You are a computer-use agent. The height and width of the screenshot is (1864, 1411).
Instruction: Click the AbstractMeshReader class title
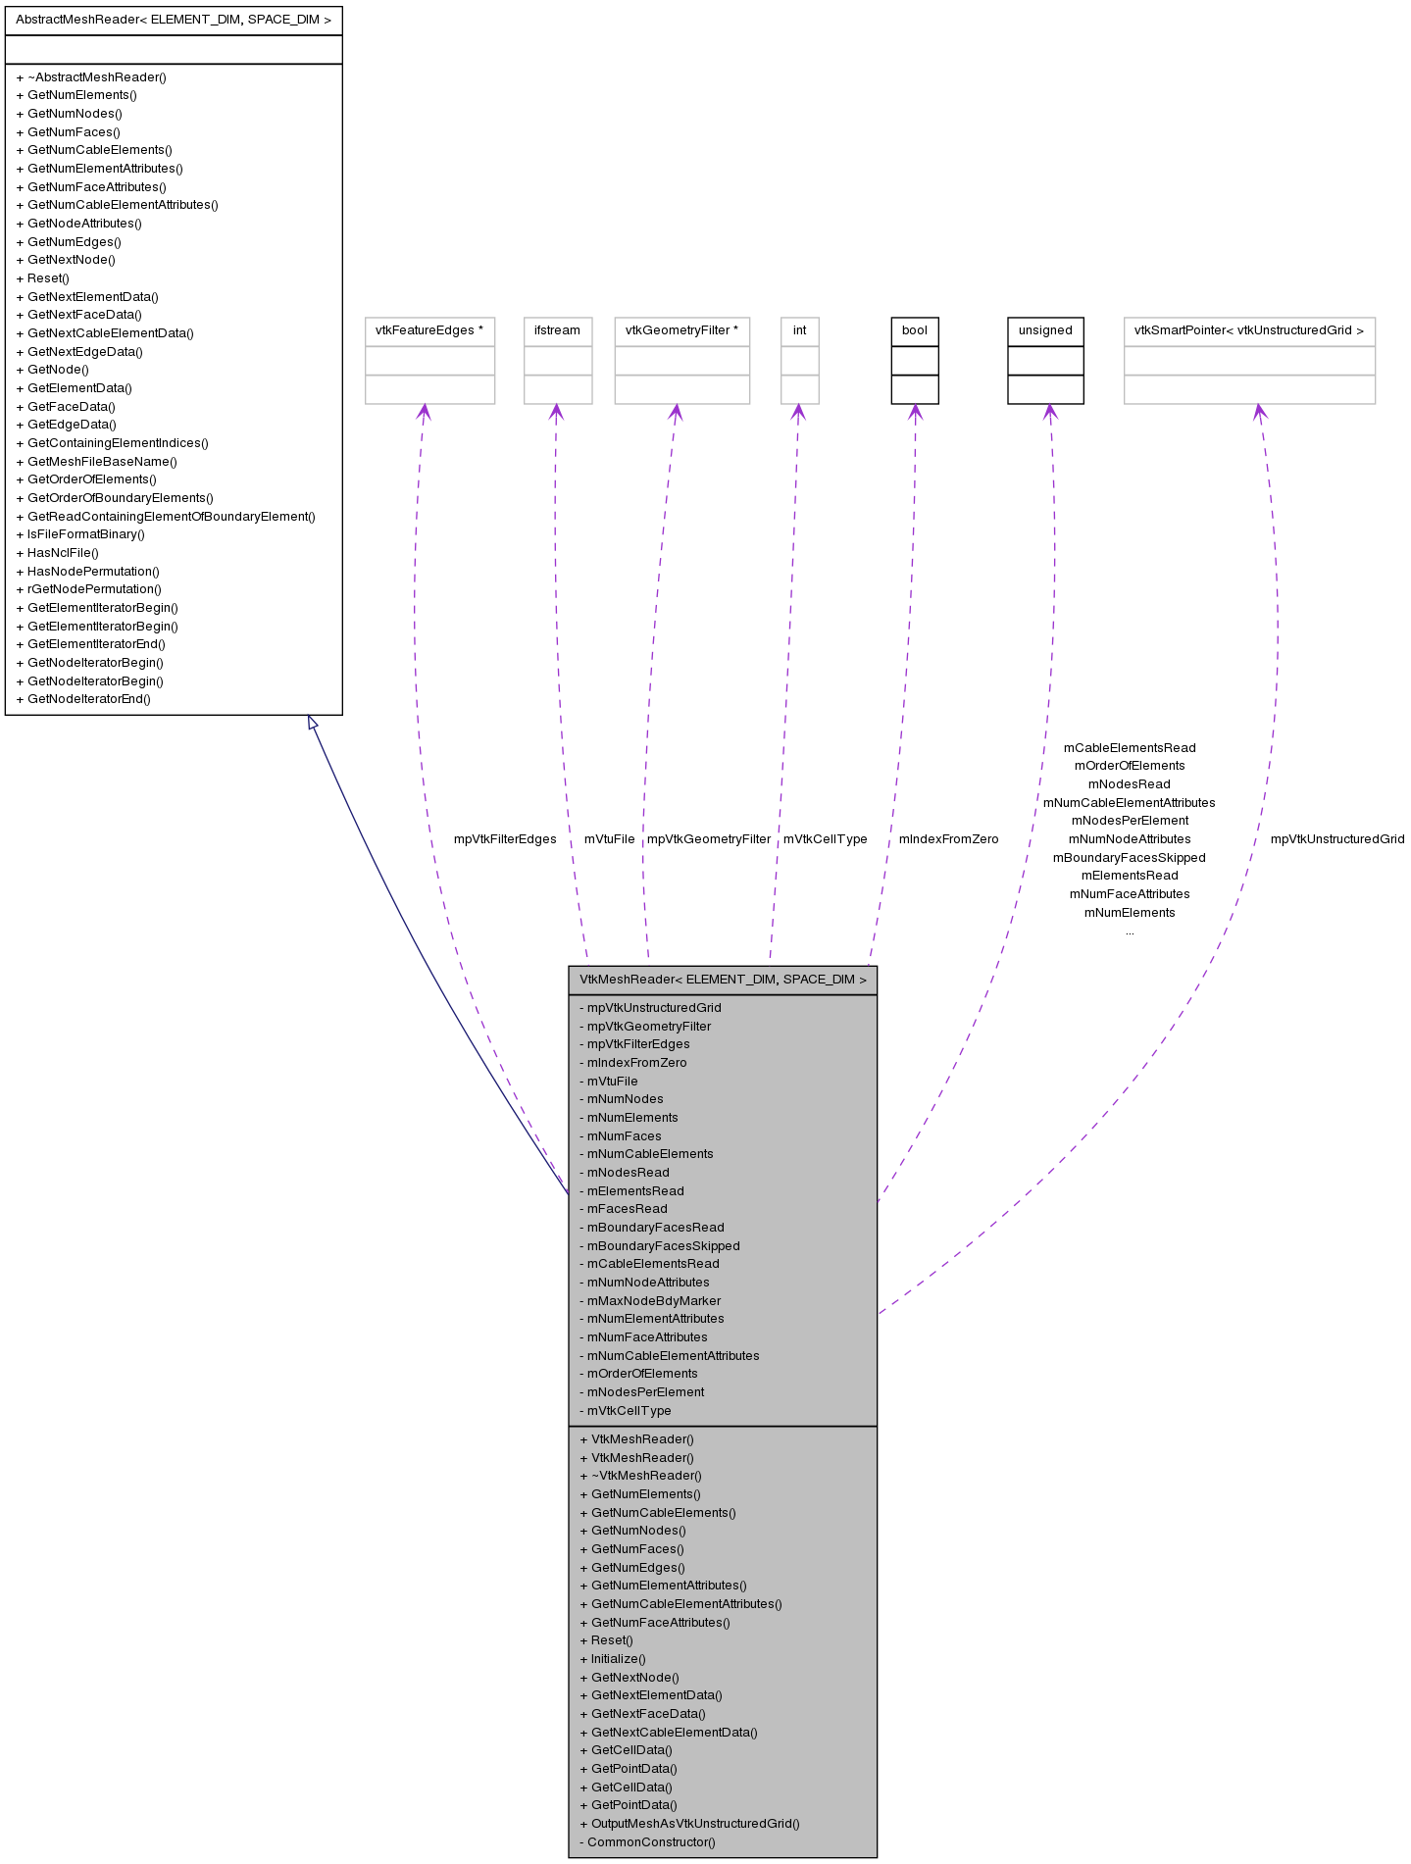tap(174, 20)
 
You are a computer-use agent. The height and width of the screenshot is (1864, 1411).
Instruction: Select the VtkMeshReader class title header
tap(723, 980)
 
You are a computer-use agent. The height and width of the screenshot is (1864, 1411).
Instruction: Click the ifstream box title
tap(557, 330)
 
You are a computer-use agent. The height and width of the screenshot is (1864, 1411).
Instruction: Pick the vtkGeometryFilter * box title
tap(681, 330)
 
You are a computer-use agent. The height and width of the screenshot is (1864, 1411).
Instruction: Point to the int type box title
tap(799, 330)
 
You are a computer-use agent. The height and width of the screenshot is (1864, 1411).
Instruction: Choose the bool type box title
tap(914, 330)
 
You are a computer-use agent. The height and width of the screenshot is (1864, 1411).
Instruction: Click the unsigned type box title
tap(1045, 330)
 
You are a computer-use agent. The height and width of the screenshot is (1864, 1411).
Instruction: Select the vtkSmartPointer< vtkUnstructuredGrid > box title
tap(1248, 330)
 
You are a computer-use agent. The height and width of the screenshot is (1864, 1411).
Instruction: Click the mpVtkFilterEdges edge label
tap(504, 839)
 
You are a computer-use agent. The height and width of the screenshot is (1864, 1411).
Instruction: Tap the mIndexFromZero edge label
tap(948, 839)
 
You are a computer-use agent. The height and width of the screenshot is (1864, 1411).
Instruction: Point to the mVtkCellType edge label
tap(825, 839)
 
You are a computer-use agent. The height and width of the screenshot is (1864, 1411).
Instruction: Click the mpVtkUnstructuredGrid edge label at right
tap(1336, 839)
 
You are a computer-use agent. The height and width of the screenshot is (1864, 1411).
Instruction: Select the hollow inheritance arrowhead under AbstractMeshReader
tap(313, 723)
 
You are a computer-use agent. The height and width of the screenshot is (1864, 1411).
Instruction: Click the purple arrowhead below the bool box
tap(915, 412)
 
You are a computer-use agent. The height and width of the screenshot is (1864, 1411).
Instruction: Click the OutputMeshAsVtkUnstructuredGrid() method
tap(695, 1824)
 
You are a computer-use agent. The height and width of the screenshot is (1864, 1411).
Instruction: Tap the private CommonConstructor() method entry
tap(651, 1842)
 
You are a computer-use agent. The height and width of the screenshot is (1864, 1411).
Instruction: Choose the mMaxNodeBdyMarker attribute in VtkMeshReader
tap(653, 1301)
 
